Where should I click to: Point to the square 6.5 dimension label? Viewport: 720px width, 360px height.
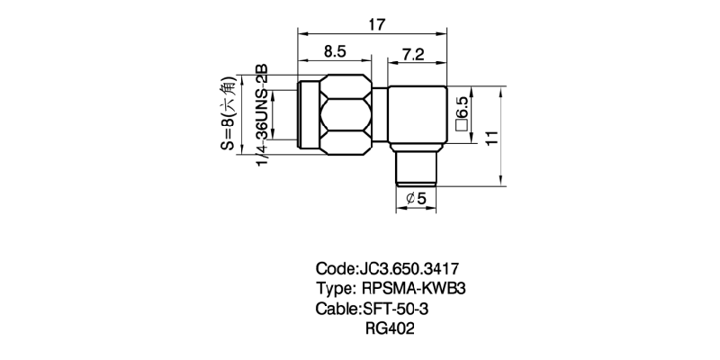(x=463, y=113)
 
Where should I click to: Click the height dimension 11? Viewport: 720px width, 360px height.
(x=491, y=138)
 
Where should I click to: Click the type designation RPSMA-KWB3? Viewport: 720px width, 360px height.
(x=414, y=289)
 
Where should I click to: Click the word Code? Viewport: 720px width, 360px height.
(x=336, y=269)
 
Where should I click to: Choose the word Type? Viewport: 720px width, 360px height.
(x=335, y=289)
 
